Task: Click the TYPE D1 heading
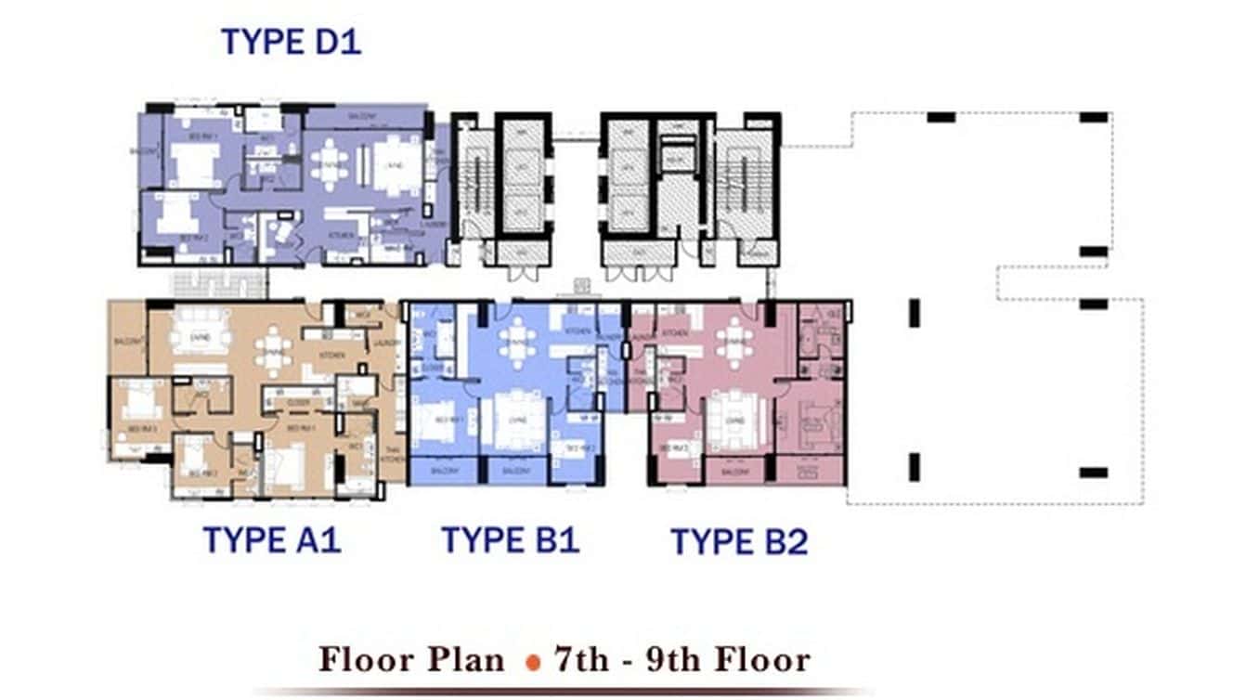(291, 42)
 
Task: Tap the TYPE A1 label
(272, 539)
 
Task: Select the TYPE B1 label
(510, 539)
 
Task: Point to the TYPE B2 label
(739, 541)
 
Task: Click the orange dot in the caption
(533, 662)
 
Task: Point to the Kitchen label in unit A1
(331, 355)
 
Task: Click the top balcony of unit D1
(362, 116)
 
